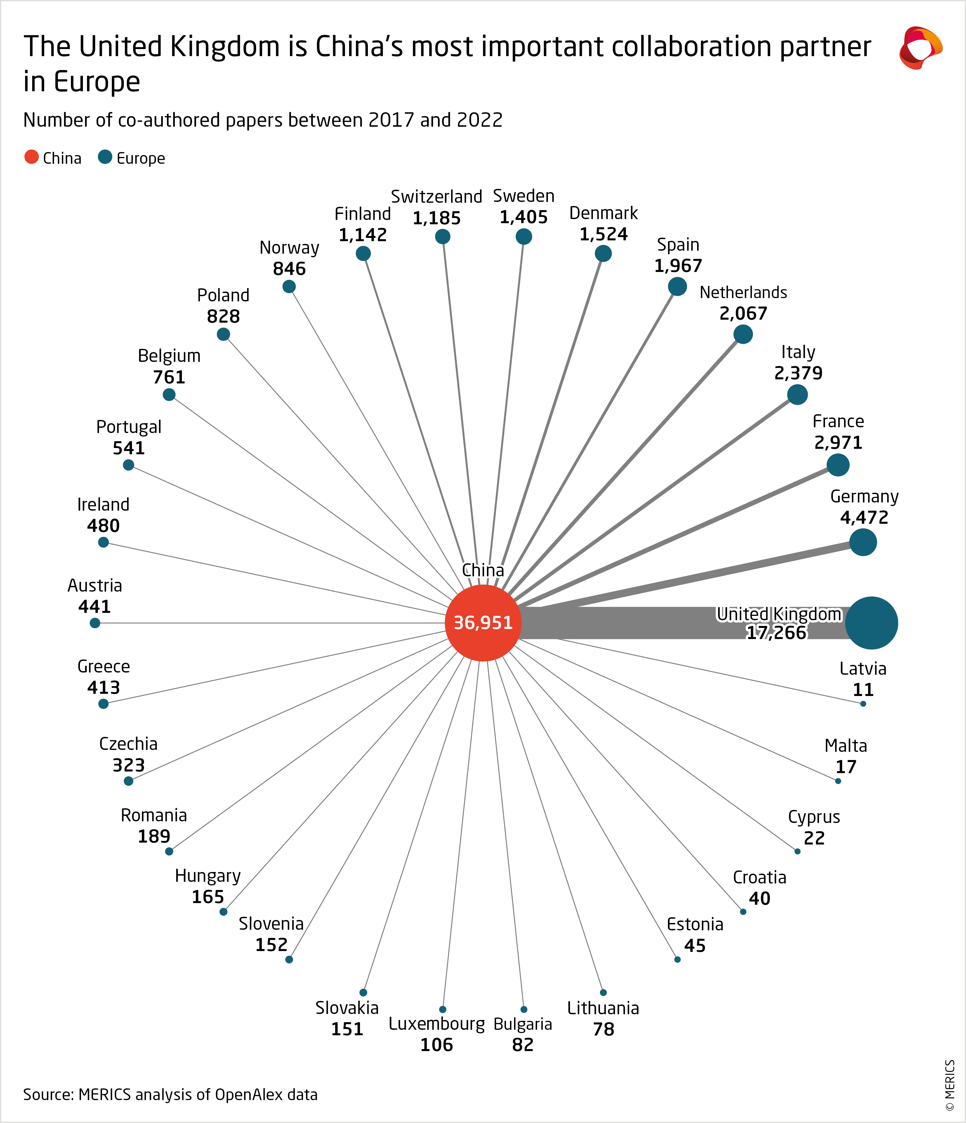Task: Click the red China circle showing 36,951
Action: pyautogui.click(x=483, y=623)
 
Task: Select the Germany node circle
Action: pyautogui.click(x=862, y=542)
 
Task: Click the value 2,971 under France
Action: pyautogui.click(x=838, y=443)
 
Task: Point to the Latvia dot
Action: pyautogui.click(x=863, y=704)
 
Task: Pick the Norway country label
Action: pyautogui.click(x=289, y=248)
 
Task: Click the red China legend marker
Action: pyautogui.click(x=31, y=157)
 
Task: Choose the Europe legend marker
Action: pyautogui.click(x=105, y=157)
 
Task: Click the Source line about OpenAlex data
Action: pyautogui.click(x=170, y=1094)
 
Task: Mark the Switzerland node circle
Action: pyautogui.click(x=443, y=236)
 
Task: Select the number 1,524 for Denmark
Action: pyautogui.click(x=603, y=234)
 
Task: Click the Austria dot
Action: pyautogui.click(x=95, y=623)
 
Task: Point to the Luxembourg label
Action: pyautogui.click(x=437, y=1024)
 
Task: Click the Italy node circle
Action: pyautogui.click(x=797, y=395)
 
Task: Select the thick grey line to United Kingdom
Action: pyautogui.click(x=624, y=623)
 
